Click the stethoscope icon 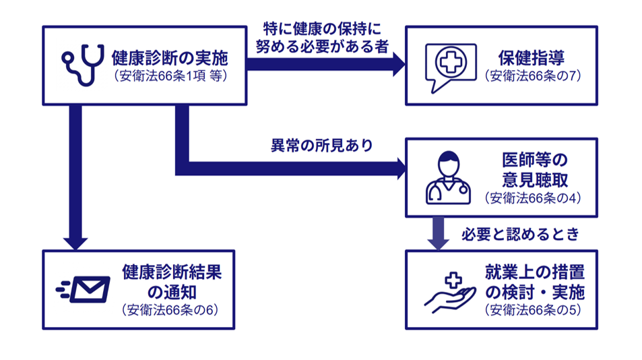click(x=83, y=64)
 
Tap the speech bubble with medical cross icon click(x=450, y=67)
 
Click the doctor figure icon click(x=448, y=178)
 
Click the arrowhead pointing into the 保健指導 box click(x=399, y=65)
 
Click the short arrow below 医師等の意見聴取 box click(x=439, y=233)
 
